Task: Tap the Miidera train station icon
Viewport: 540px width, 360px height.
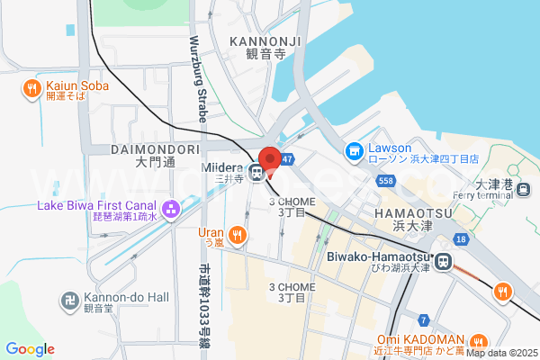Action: pos(257,172)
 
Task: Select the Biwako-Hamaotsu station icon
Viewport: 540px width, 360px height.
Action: pos(443,261)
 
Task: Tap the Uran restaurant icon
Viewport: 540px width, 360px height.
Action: pos(237,236)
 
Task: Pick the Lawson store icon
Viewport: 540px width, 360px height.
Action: pos(355,151)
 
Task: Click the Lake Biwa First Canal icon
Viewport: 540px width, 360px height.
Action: pos(166,210)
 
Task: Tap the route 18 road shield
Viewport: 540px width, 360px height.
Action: pos(460,238)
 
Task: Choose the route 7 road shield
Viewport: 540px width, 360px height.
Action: pos(423,319)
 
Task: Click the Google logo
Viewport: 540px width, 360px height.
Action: pos(30,349)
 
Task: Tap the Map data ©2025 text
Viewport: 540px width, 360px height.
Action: pos(500,353)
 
